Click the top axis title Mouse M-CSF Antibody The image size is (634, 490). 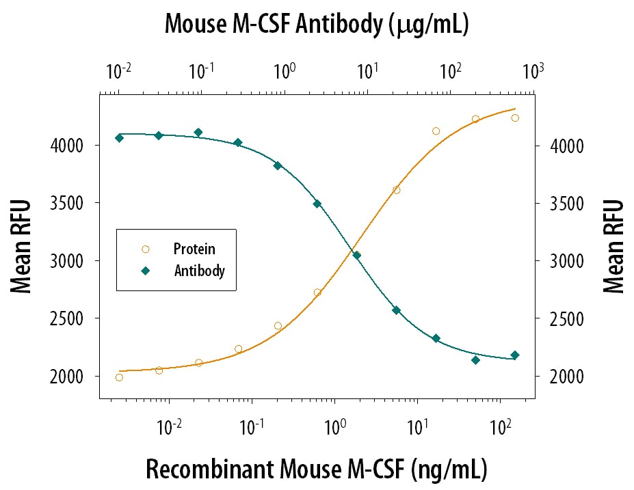click(316, 25)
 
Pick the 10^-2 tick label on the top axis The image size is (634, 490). click(119, 70)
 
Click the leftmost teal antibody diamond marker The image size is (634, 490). click(119, 138)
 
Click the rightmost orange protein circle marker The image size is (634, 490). click(515, 118)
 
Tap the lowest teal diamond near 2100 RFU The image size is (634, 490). click(475, 360)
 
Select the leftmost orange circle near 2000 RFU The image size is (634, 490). click(119, 377)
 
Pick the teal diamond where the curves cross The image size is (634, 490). click(356, 256)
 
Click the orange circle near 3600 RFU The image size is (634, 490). click(396, 190)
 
